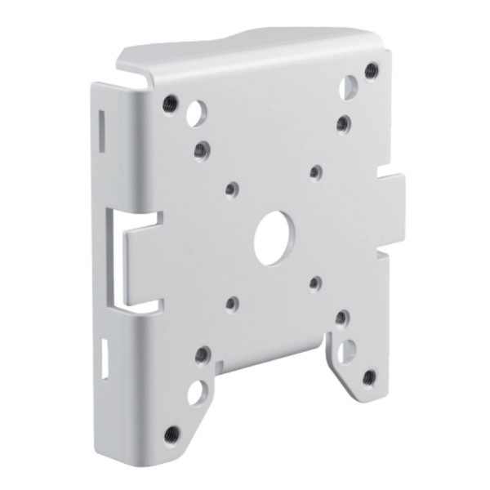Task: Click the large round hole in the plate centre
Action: [273, 238]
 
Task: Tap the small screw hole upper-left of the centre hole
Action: [231, 189]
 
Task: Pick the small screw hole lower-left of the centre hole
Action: [231, 303]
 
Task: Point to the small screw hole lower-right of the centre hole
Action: [315, 283]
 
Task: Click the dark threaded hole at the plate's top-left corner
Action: [169, 103]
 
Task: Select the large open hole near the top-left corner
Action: [195, 115]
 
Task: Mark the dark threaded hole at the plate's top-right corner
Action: [372, 69]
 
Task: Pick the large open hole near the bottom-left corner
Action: [196, 393]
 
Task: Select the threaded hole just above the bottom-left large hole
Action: [202, 355]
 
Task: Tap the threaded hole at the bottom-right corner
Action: [369, 377]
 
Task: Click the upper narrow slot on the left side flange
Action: [101, 127]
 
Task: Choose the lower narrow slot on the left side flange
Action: [104, 358]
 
